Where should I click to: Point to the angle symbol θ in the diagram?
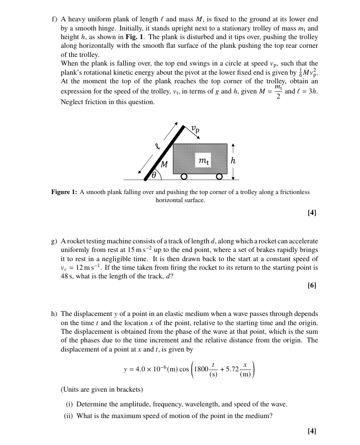(153, 176)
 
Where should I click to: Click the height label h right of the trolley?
(233, 160)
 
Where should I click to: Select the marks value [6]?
(312, 285)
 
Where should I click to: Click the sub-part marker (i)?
(70, 404)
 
